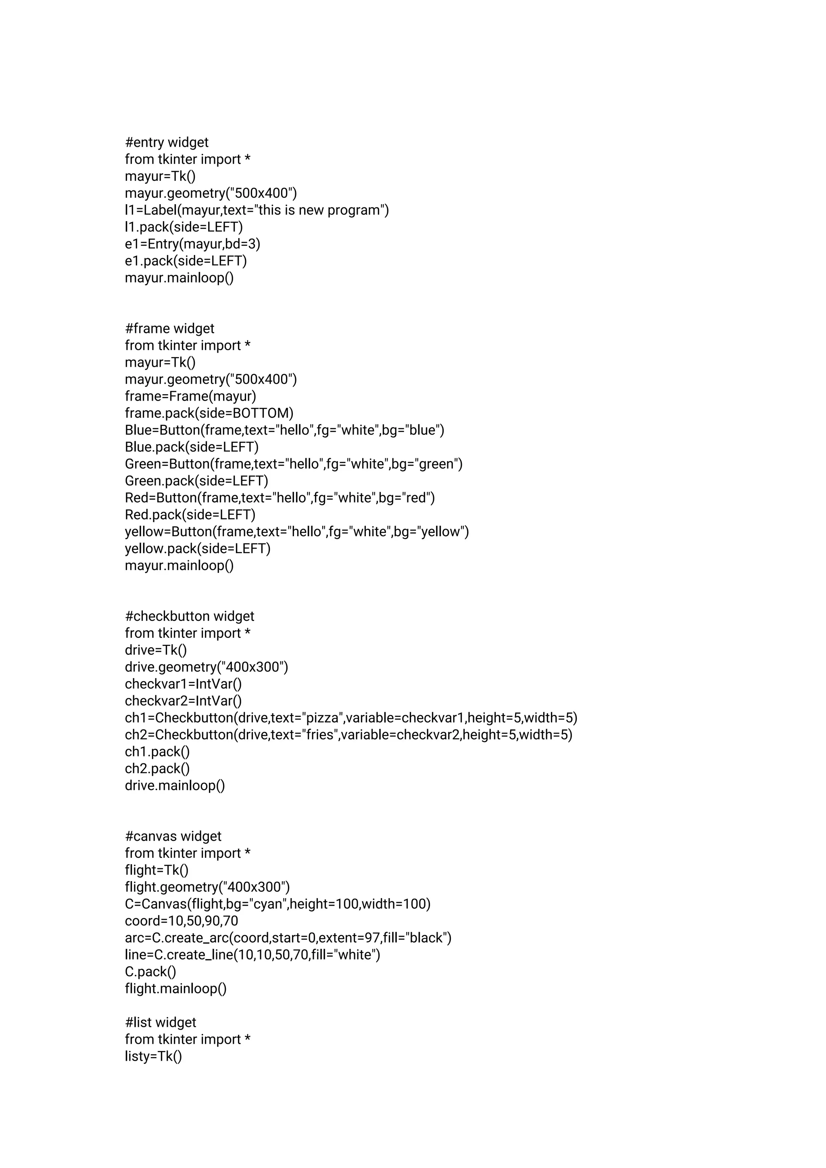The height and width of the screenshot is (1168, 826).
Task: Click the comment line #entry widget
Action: (167, 142)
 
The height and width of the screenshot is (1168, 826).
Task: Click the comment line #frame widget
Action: (170, 329)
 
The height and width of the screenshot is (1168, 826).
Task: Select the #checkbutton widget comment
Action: (190, 616)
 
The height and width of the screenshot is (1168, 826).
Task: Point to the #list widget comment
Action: (161, 1022)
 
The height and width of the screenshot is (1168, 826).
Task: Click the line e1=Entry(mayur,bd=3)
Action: (193, 244)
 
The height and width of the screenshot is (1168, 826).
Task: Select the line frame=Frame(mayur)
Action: (191, 396)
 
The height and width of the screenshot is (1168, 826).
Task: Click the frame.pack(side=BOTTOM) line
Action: (210, 413)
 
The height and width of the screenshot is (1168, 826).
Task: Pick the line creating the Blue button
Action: (285, 430)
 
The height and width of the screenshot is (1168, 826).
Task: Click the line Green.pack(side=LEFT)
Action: (197, 481)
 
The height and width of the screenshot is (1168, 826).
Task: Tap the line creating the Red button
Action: (280, 498)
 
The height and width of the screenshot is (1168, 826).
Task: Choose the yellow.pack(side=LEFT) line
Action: (198, 548)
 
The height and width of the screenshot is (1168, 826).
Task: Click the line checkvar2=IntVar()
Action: (184, 701)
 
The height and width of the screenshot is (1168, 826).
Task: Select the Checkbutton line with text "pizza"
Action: (351, 718)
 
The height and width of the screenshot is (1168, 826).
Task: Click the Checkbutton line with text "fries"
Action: (349, 735)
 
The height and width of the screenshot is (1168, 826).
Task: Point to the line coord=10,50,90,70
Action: (181, 921)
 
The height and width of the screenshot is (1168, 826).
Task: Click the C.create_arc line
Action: (288, 938)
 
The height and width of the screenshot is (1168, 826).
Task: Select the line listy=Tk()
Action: (154, 1057)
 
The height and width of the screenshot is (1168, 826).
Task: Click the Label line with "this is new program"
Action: (257, 210)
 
